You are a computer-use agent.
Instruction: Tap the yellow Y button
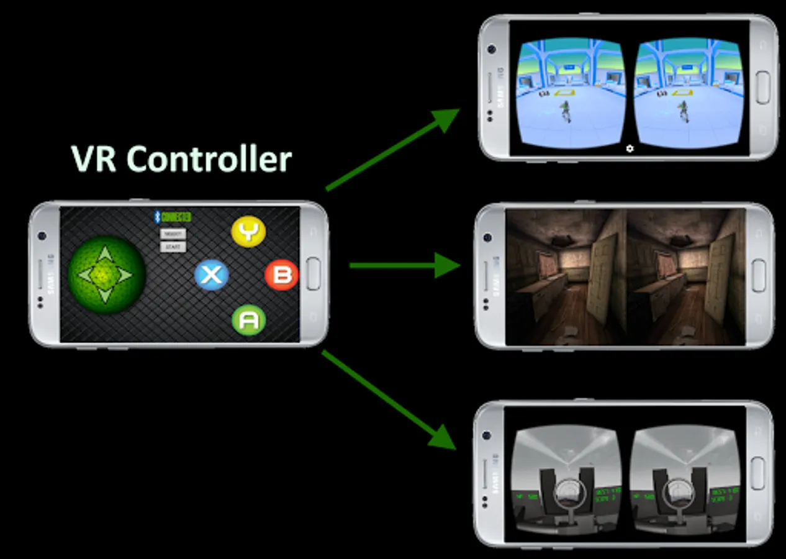pos(248,232)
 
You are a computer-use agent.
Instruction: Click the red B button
pos(282,275)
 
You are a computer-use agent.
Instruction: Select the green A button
pos(248,320)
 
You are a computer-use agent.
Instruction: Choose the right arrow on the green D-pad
pos(126,275)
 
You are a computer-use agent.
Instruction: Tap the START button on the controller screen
pos(173,247)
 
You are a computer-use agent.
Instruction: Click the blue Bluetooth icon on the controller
pos(157,217)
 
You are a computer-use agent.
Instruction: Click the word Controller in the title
pos(209,160)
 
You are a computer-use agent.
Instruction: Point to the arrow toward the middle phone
pos(404,266)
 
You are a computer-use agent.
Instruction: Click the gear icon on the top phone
pos(630,148)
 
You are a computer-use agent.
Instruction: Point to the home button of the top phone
pos(762,87)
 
